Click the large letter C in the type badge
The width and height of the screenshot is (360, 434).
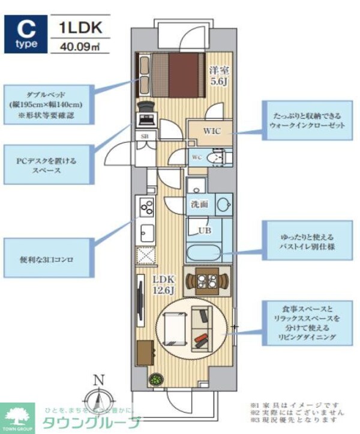[x=24, y=28]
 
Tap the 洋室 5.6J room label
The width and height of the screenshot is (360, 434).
[x=218, y=76]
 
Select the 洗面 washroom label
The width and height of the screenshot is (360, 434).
[x=200, y=203]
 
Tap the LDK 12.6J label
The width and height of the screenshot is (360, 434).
[x=163, y=285]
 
